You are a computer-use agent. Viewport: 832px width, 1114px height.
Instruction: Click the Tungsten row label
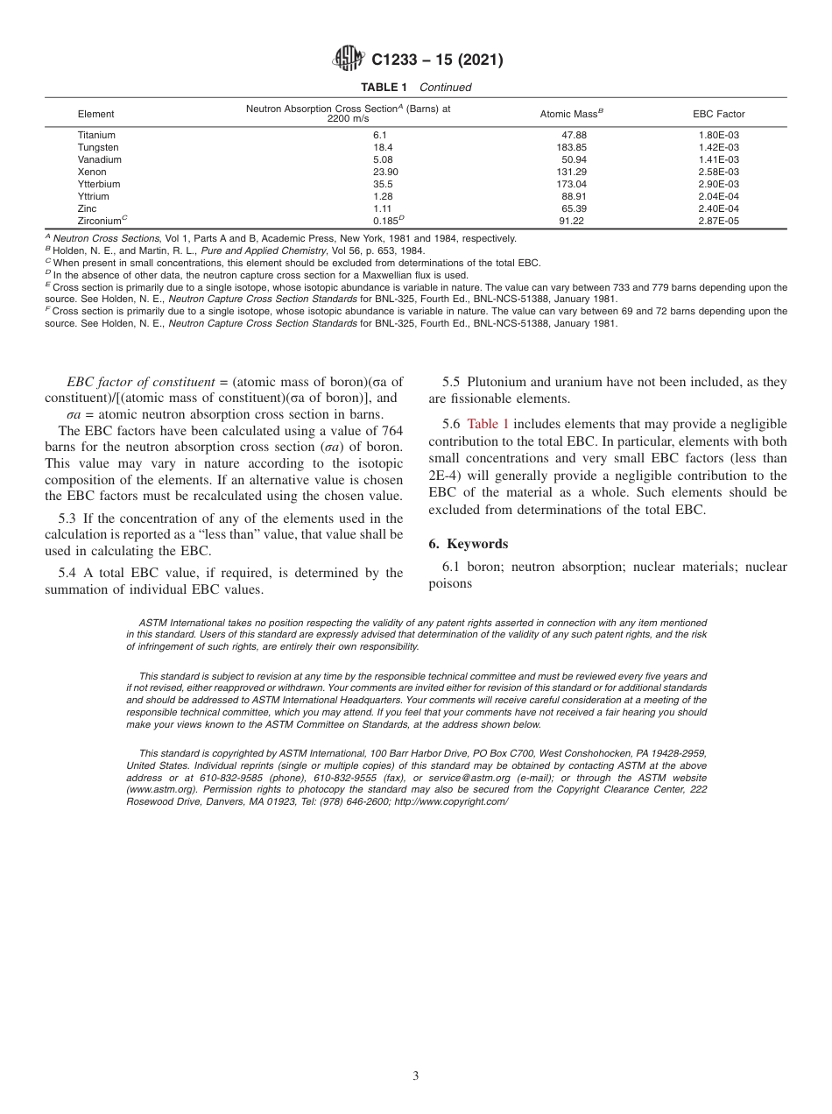point(97,148)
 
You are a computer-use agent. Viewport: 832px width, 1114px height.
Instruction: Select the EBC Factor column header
point(718,115)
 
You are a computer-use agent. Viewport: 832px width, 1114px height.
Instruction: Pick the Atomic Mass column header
point(572,114)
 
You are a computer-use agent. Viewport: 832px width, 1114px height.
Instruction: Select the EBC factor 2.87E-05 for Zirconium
point(718,222)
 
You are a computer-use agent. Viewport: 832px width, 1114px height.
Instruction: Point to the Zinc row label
point(88,209)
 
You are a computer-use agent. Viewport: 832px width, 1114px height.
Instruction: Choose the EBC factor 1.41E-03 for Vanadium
point(718,160)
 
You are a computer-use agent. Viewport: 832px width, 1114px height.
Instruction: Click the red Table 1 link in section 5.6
point(488,424)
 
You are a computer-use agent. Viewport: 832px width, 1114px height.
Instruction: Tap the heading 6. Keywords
point(468,544)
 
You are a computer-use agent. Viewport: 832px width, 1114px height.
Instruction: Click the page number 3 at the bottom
point(416,1076)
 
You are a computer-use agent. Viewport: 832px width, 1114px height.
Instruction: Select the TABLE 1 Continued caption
point(416,88)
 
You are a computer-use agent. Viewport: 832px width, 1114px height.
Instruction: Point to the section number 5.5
point(451,382)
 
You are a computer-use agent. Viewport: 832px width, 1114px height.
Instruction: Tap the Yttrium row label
point(94,197)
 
